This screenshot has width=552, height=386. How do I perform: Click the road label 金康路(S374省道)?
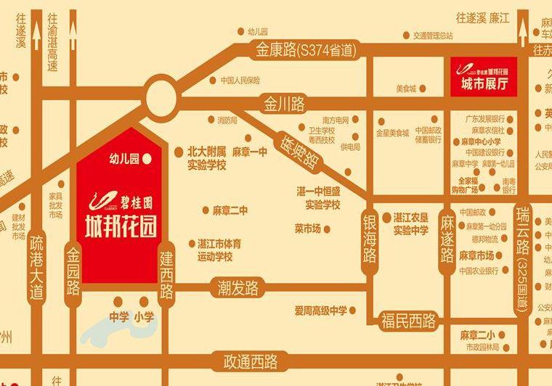tap(306, 51)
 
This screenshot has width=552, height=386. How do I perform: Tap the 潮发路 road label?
tap(236, 287)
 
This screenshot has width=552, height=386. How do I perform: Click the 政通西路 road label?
tap(251, 361)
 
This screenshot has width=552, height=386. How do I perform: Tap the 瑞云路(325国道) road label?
tap(521, 258)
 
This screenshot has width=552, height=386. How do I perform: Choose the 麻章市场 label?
tap(476, 255)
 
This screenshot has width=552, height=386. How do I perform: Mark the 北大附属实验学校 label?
tap(206, 159)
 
